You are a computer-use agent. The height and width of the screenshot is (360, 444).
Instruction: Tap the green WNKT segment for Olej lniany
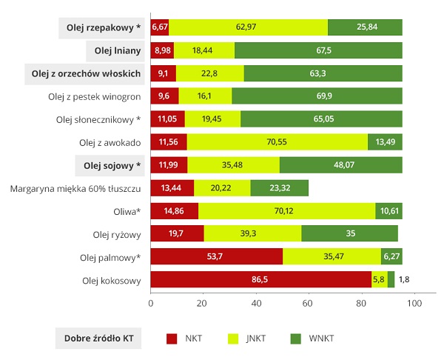pyautogui.click(x=318, y=50)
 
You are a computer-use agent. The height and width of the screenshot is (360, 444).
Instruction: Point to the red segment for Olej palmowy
pyautogui.click(x=216, y=257)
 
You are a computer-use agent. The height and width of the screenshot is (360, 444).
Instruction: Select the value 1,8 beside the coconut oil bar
pyautogui.click(x=404, y=280)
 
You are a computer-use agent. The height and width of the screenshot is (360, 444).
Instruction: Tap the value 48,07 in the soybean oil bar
pyautogui.click(x=340, y=165)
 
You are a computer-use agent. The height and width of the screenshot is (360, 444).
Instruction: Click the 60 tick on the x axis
pyautogui.click(x=309, y=303)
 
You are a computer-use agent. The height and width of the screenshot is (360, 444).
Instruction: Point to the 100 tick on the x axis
pyautogui.click(x=414, y=303)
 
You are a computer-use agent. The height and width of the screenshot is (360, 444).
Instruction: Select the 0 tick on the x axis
pyautogui.click(x=151, y=303)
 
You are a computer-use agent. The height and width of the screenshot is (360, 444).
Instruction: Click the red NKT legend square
pyautogui.click(x=172, y=339)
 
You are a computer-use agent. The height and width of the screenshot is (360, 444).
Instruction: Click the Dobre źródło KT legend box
pyautogui.click(x=99, y=339)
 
